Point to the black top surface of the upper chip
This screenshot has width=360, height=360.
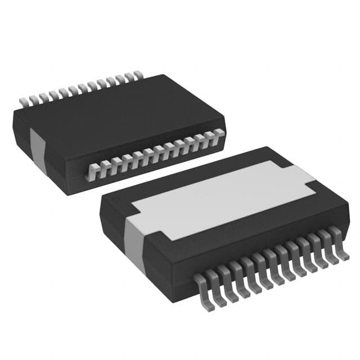[112, 112]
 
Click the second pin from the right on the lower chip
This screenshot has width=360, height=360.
[328, 241]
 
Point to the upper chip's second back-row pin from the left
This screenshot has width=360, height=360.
[33, 100]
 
